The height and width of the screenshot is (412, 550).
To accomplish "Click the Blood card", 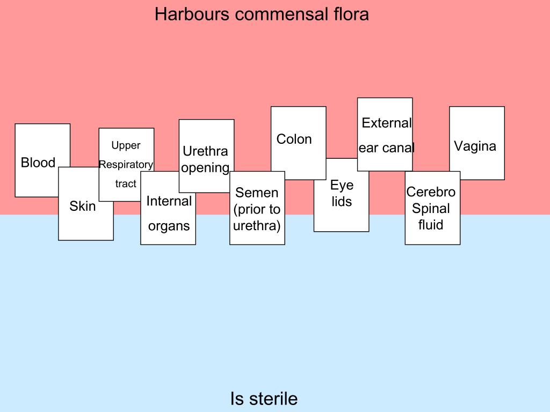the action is [38, 163].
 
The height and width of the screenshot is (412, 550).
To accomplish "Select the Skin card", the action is [83, 207].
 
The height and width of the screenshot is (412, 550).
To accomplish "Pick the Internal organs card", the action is [169, 214].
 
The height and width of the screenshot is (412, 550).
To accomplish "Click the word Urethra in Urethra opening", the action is [205, 151].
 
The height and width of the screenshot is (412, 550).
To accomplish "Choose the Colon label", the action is [294, 139].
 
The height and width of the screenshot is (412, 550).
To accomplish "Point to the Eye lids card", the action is [342, 194].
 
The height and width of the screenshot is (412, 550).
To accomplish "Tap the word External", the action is [386, 123].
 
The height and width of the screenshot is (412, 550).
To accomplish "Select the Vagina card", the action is [475, 146].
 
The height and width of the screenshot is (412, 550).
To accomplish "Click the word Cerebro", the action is [431, 192].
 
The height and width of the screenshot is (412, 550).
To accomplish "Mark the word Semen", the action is [257, 193].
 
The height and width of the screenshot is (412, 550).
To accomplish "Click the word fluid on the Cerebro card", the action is [431, 225].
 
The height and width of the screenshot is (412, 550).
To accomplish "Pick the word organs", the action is [169, 226].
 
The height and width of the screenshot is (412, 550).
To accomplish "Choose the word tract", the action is [126, 184].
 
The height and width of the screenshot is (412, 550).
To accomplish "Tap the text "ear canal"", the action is [386, 148].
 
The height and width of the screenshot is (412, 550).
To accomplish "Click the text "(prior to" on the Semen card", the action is [257, 209].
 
